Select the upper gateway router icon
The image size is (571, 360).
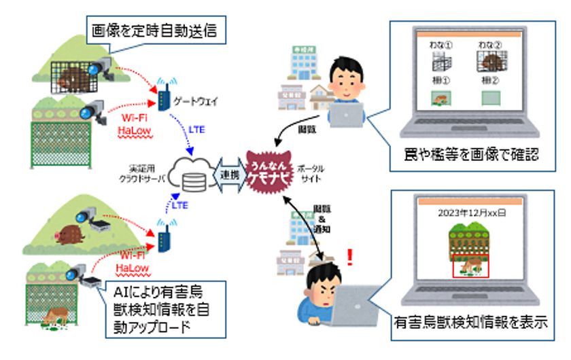(163, 96)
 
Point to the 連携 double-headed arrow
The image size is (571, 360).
(230, 175)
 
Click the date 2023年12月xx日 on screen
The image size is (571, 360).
(473, 211)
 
